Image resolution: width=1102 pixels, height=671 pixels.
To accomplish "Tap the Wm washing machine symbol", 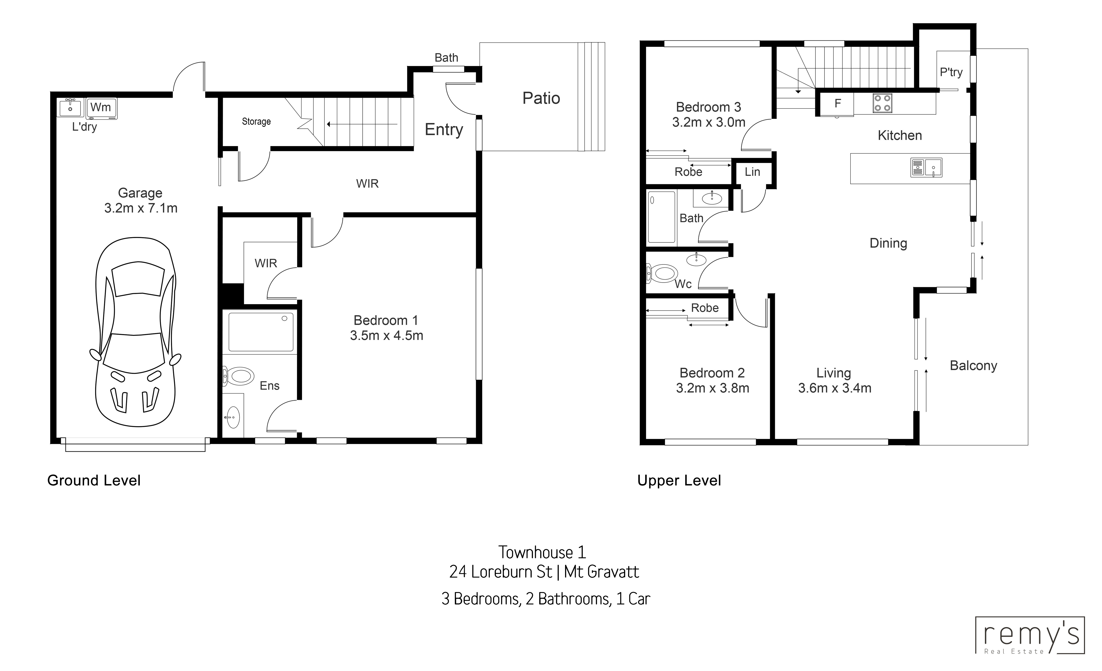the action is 101,108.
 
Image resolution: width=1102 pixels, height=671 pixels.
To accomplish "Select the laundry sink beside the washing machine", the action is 70,107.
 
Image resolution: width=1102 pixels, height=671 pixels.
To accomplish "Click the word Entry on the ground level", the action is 444,130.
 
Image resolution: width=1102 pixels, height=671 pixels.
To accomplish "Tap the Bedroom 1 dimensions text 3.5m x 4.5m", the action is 386,335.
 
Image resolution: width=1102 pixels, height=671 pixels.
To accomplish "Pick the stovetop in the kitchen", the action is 882,103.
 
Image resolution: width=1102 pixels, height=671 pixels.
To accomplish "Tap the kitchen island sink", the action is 926,168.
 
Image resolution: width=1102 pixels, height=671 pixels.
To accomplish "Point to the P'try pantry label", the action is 951,72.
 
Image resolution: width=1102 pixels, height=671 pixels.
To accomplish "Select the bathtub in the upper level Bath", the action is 661,218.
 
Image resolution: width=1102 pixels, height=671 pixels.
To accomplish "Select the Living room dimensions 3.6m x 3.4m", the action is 835,388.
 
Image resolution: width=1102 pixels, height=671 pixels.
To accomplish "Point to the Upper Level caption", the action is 679,481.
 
